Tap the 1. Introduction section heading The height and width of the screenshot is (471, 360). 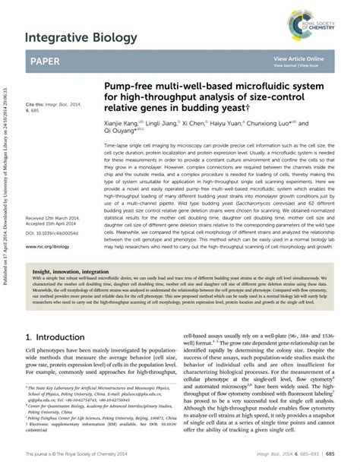pos(59,337)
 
